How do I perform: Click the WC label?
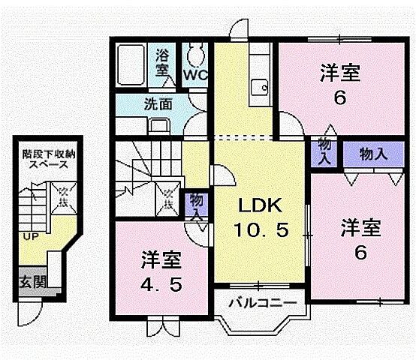pos(196,76)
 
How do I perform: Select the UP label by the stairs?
pos(29,237)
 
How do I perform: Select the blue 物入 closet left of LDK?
pos(197,205)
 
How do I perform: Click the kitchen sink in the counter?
pos(261,85)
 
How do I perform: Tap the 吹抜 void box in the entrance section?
pos(65,199)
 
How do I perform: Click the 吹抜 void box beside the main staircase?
pos(169,199)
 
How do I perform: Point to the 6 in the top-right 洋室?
pos(341,98)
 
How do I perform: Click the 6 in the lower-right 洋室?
pos(361,253)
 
